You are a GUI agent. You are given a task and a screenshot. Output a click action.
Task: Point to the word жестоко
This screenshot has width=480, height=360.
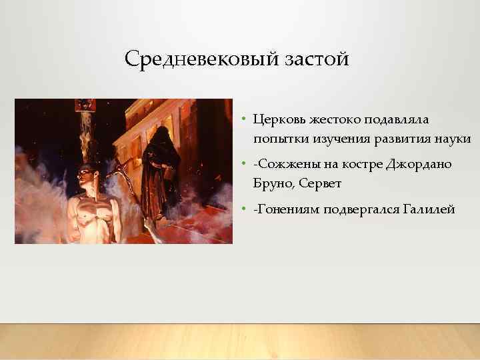click(x=332, y=119)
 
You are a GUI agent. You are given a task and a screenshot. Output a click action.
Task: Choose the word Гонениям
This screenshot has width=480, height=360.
click(x=287, y=210)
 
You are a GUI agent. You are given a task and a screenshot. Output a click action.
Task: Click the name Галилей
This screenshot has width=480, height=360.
click(x=429, y=210)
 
